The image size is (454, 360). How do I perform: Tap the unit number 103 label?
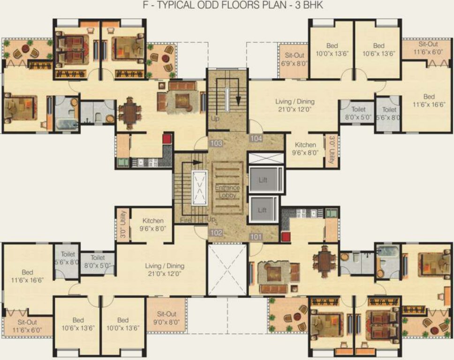tap(217, 143)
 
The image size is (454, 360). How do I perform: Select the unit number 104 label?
tap(257, 139)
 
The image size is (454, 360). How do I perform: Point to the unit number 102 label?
tap(216, 232)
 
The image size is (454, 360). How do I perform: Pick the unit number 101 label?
tap(257, 237)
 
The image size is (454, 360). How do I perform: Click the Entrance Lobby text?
tap(227, 191)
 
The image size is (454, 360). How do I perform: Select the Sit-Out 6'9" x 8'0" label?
tap(293, 59)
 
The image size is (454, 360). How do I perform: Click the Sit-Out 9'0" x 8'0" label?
tap(166, 318)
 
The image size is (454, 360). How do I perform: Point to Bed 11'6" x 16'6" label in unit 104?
tap(429, 101)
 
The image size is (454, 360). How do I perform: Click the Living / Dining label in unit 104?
tap(295, 105)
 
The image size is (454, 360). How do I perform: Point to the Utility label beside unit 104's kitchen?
tap(332, 150)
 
